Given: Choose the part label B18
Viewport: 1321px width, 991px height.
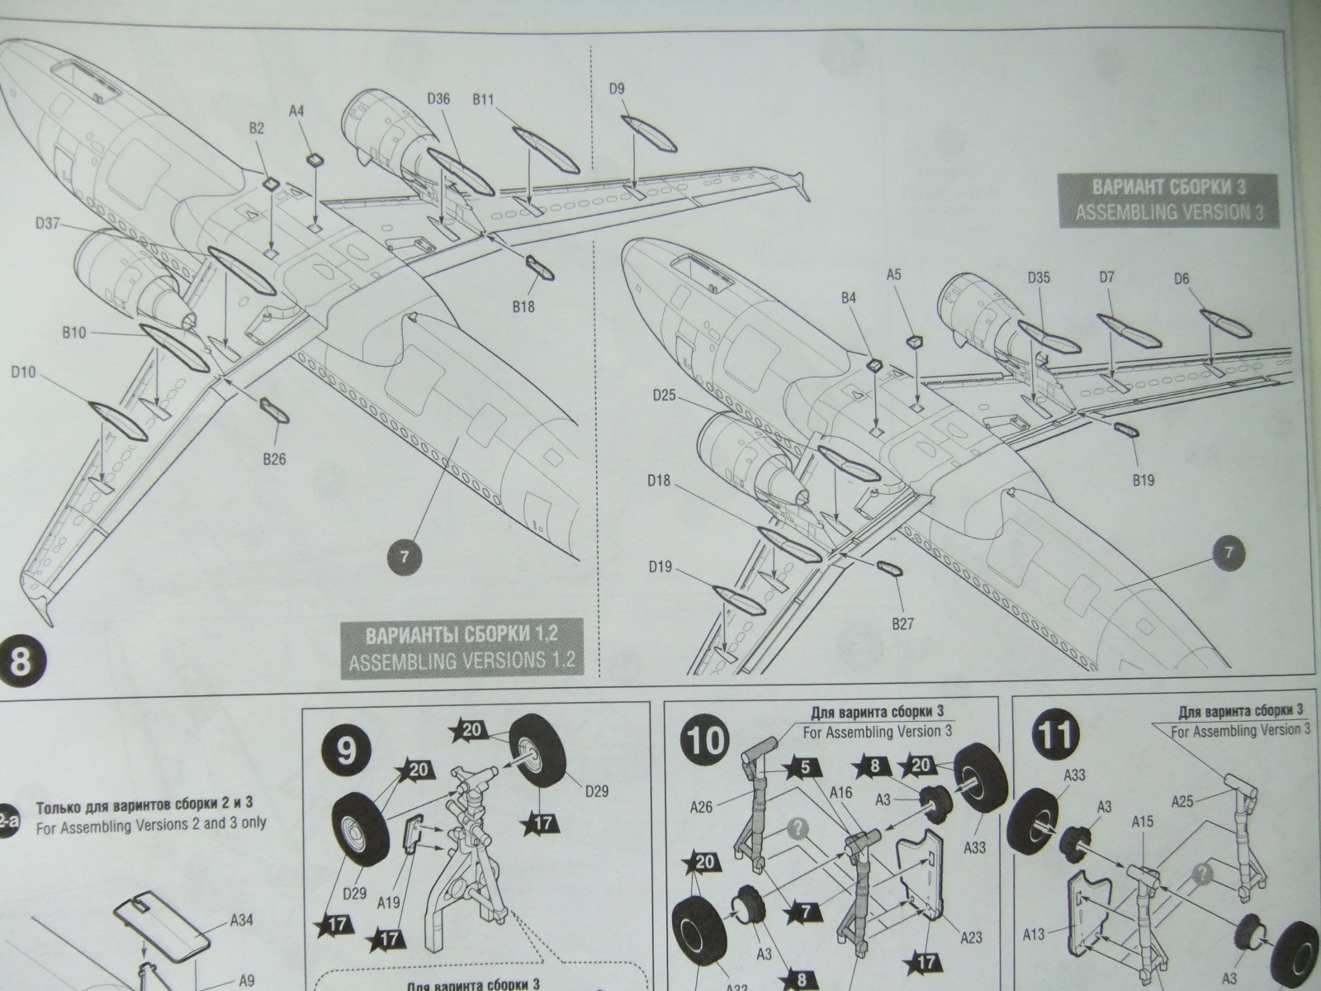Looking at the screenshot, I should (523, 306).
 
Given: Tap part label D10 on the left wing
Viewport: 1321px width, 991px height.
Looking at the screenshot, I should (24, 372).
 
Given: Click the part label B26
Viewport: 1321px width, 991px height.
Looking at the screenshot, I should (274, 458).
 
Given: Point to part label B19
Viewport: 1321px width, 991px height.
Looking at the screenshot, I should (1143, 479).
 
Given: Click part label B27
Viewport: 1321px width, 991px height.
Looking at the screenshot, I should (903, 624).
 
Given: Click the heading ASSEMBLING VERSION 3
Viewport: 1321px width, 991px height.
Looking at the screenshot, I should (1169, 212).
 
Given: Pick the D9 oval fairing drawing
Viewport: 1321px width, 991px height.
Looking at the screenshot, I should (649, 135).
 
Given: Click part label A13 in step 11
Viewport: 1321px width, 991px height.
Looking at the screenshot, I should (1035, 935).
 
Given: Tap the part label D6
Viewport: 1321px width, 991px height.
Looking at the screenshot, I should (1181, 278).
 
